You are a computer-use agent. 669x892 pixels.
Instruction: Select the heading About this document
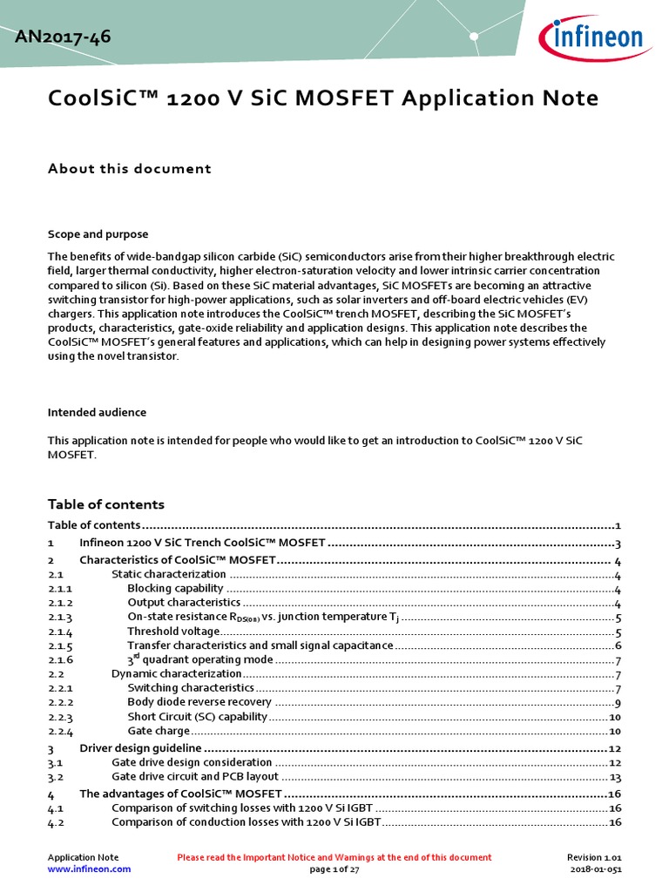click(x=129, y=168)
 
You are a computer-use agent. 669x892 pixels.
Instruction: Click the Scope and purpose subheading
click(x=98, y=234)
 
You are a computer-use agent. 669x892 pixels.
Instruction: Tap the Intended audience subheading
click(x=97, y=412)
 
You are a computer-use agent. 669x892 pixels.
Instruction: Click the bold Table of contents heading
click(x=105, y=504)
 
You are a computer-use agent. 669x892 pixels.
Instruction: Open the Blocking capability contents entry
click(x=175, y=589)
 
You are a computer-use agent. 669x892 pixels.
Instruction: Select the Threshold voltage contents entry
click(x=173, y=632)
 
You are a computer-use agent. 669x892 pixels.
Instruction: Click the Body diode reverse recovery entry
click(x=199, y=702)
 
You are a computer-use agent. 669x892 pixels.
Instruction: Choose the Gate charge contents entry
click(x=159, y=731)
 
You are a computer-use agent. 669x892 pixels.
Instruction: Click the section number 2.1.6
click(x=60, y=660)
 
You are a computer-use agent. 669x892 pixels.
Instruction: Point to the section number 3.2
click(x=56, y=777)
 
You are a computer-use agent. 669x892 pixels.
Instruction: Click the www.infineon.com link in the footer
click(x=89, y=868)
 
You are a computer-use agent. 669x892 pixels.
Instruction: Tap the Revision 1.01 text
click(x=594, y=857)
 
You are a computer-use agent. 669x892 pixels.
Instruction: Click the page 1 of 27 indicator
click(x=334, y=868)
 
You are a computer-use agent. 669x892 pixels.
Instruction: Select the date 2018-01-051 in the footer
click(x=596, y=868)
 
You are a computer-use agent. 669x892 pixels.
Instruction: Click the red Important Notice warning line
click(x=334, y=857)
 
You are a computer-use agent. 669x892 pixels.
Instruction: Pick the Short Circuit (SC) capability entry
click(x=198, y=717)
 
